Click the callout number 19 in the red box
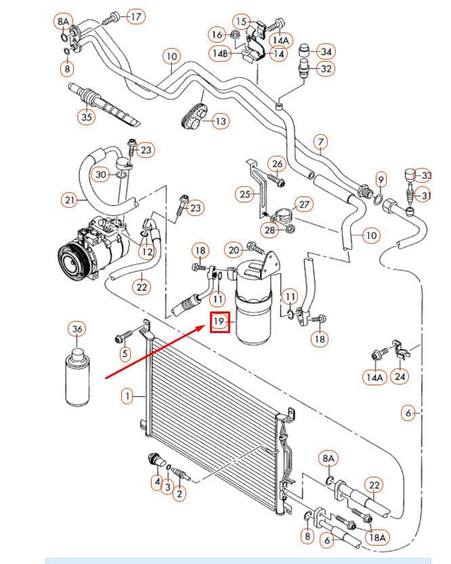click(x=219, y=321)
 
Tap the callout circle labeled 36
click(x=77, y=329)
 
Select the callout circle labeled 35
click(x=87, y=116)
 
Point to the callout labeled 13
click(x=221, y=121)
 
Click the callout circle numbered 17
click(x=136, y=16)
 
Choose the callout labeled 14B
click(x=221, y=54)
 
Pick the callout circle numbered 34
click(x=326, y=51)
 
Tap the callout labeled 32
click(x=326, y=68)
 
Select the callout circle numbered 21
click(x=70, y=200)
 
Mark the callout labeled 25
click(x=245, y=194)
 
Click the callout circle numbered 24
click(x=400, y=376)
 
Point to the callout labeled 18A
click(x=377, y=537)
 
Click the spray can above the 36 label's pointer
click(x=77, y=377)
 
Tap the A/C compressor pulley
click(x=71, y=261)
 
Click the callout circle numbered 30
click(x=101, y=175)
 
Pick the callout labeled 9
click(x=381, y=179)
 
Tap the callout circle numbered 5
click(x=125, y=353)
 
